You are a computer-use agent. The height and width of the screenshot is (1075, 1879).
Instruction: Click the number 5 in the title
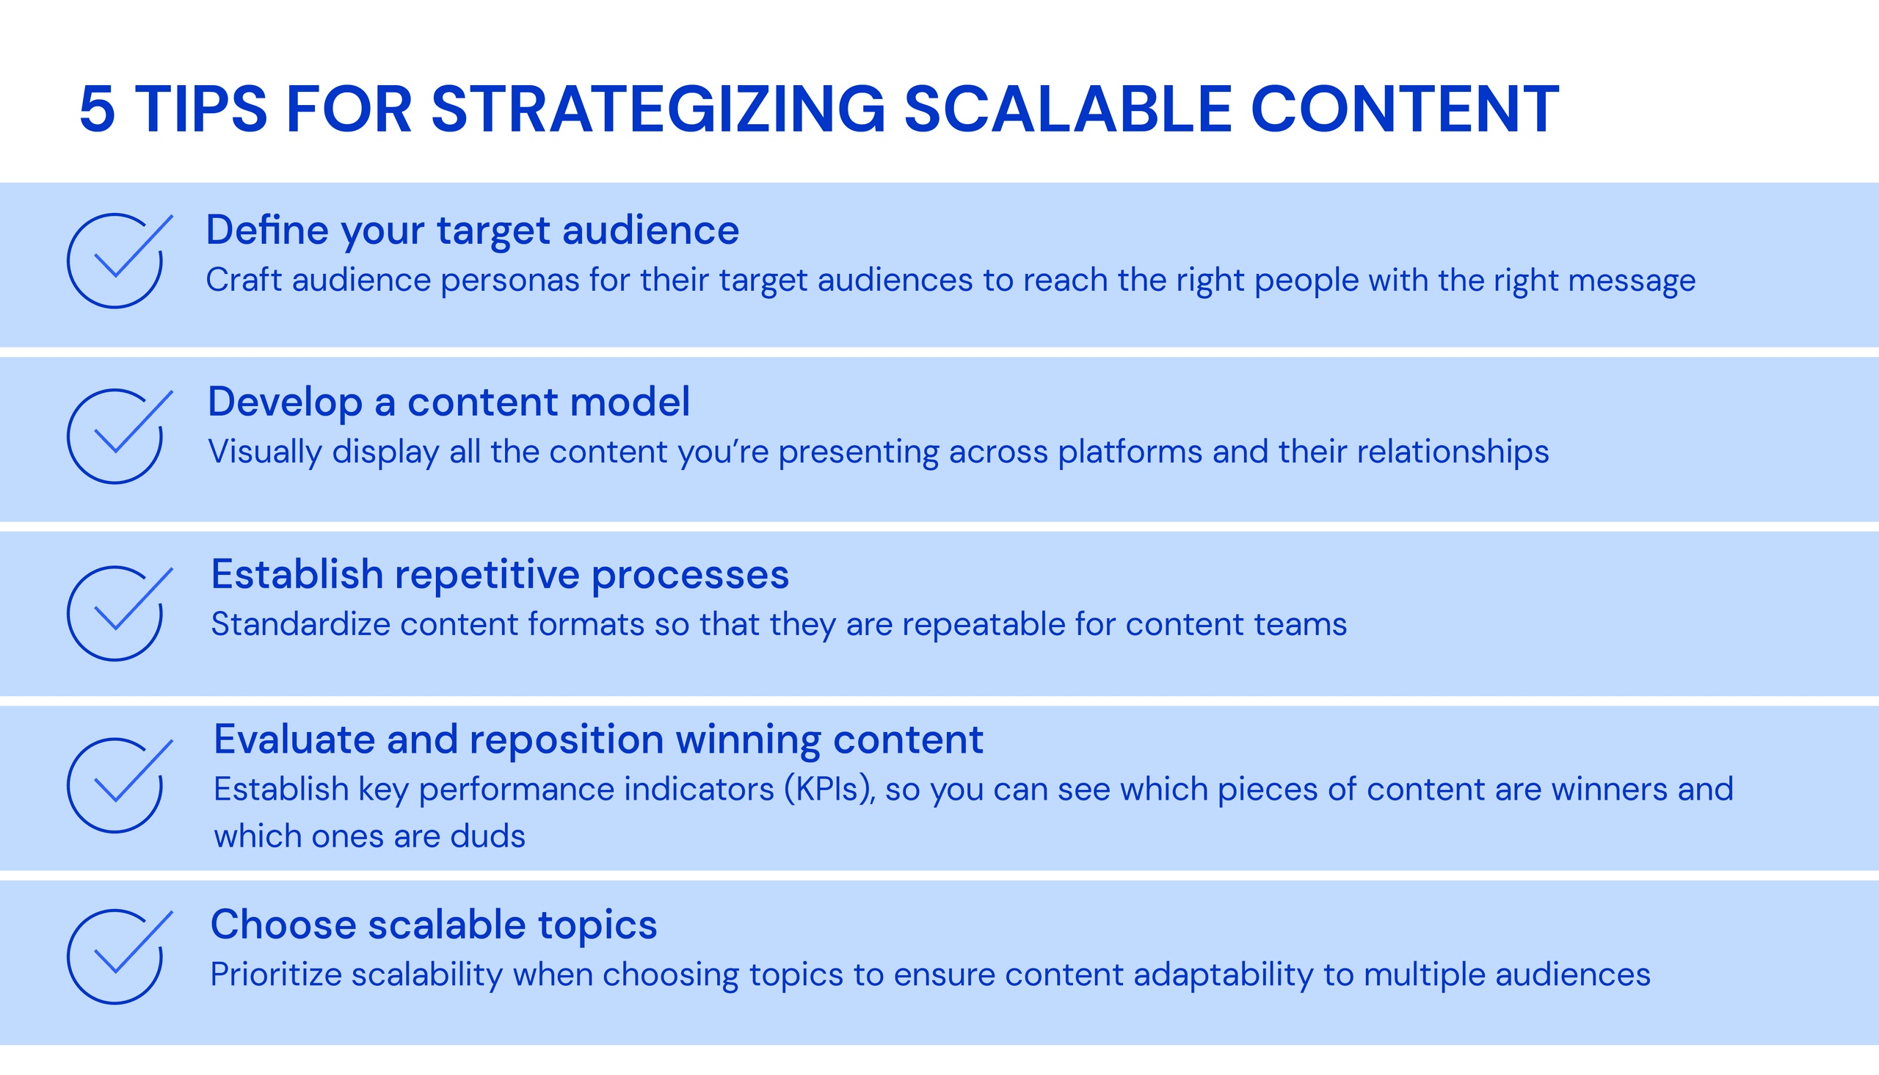click(x=98, y=110)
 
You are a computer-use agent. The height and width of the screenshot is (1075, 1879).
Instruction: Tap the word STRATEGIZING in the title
click(x=658, y=110)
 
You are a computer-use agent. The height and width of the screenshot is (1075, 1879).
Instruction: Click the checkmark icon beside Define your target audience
click(x=117, y=261)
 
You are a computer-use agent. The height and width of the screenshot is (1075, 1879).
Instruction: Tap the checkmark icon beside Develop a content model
click(x=117, y=436)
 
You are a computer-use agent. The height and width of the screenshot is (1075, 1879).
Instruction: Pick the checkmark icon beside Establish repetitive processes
click(x=117, y=613)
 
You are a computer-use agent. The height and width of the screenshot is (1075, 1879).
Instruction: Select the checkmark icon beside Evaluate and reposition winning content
click(x=117, y=785)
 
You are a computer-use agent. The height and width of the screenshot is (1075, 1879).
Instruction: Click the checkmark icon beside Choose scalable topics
click(x=117, y=956)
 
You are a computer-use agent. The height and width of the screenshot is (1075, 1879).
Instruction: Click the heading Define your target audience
click(x=473, y=231)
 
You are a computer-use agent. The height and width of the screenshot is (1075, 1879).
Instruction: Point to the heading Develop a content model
click(x=448, y=402)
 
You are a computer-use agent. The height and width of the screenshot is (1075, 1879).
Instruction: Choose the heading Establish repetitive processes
click(x=500, y=574)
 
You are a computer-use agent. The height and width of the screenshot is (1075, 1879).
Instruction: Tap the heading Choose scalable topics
click(x=433, y=924)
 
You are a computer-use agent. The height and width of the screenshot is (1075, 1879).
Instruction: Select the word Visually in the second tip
click(x=264, y=452)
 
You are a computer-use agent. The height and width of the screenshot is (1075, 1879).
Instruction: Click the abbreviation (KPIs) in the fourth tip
click(x=829, y=790)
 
